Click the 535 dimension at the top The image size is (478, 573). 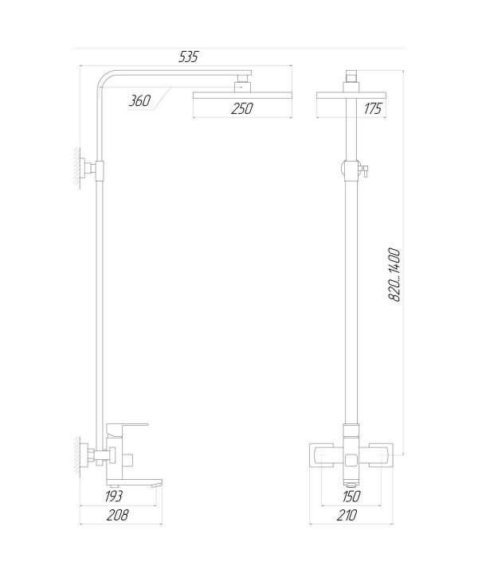(188, 57)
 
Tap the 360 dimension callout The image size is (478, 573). (139, 100)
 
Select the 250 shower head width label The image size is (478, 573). (241, 108)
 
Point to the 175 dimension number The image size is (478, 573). (373, 108)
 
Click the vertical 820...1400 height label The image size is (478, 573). (394, 275)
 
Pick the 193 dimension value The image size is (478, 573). (113, 497)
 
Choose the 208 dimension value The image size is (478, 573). (118, 515)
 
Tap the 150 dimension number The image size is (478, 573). (351, 497)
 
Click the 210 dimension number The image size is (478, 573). (347, 515)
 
